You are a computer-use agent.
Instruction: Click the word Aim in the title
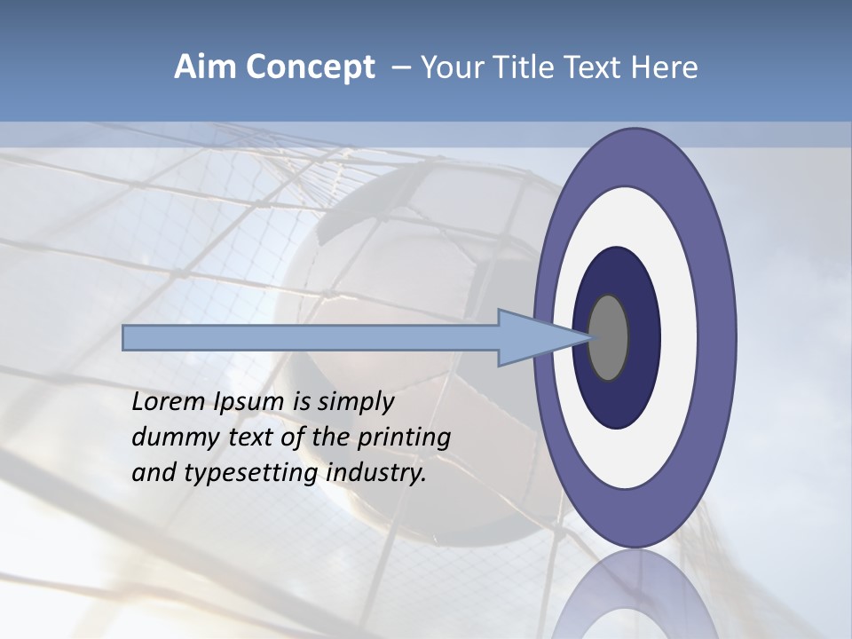[204, 67]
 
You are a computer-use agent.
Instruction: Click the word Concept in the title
[311, 67]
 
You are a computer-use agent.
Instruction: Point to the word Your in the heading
[448, 67]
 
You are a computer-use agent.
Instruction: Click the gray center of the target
[608, 337]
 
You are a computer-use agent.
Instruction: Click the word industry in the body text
[376, 474]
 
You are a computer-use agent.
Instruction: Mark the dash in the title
[401, 68]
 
